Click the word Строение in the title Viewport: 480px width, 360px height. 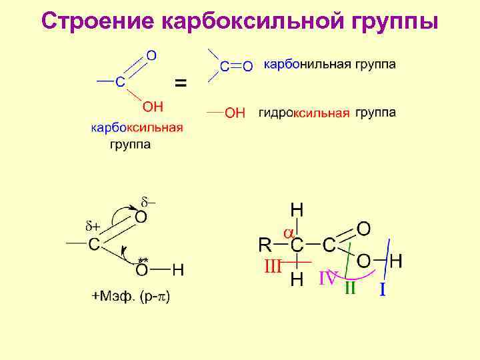97,21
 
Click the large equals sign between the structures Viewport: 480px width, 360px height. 181,83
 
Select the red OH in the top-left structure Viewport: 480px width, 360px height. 153,107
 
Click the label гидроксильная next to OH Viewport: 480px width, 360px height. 304,113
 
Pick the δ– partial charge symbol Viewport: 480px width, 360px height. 148,201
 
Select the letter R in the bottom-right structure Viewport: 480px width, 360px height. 266,245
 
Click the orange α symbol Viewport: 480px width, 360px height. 289,233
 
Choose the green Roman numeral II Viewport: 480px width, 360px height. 349,289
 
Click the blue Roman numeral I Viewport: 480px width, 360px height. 383,289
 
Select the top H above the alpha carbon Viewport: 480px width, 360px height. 297,210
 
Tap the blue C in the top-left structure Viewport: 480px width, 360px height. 119,81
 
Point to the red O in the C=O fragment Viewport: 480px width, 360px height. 247,66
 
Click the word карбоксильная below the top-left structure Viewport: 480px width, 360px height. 137,128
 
